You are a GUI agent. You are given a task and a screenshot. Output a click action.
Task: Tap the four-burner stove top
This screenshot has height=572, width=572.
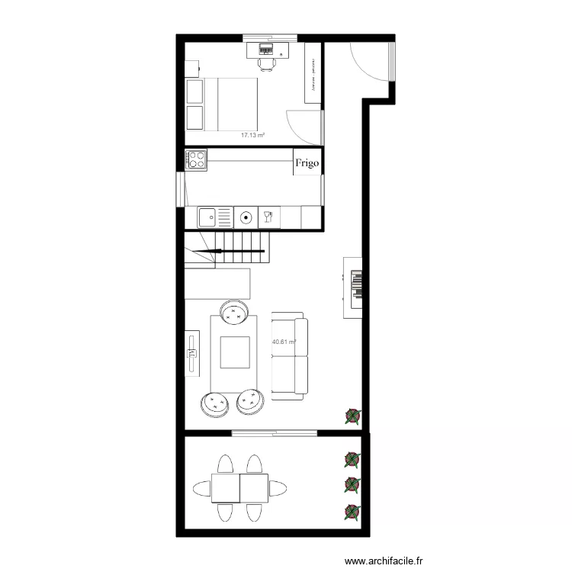pyautogui.click(x=196, y=159)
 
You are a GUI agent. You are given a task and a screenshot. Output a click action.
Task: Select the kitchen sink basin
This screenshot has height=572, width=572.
pyautogui.click(x=208, y=217)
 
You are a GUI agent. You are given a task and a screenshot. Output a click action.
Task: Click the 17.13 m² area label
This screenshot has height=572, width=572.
pyautogui.click(x=252, y=135)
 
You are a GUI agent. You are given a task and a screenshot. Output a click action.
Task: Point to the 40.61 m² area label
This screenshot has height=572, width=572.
pyautogui.click(x=284, y=342)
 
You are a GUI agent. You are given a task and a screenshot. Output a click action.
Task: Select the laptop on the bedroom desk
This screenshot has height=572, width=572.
pyautogui.click(x=268, y=48)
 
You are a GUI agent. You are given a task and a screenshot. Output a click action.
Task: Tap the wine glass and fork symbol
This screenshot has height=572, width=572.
pyautogui.click(x=268, y=217)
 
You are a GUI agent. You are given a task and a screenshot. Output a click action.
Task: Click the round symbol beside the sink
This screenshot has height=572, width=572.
pyautogui.click(x=246, y=217)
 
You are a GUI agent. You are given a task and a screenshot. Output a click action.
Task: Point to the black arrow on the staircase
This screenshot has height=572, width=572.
pyautogui.click(x=229, y=251)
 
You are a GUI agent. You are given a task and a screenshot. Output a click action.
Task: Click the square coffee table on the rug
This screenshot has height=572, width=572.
pyautogui.click(x=235, y=352)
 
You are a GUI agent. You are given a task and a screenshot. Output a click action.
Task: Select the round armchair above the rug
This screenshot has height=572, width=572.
pyautogui.click(x=234, y=311)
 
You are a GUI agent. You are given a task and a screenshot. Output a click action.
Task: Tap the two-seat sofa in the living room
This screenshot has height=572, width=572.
pyautogui.click(x=290, y=356)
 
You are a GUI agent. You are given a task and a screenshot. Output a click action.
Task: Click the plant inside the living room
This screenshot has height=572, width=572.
pyautogui.click(x=352, y=416)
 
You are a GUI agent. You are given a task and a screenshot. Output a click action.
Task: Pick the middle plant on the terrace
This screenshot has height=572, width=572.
pyautogui.click(x=352, y=484)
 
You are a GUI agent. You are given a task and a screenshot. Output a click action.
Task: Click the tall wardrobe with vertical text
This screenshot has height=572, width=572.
pyautogui.click(x=312, y=72)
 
